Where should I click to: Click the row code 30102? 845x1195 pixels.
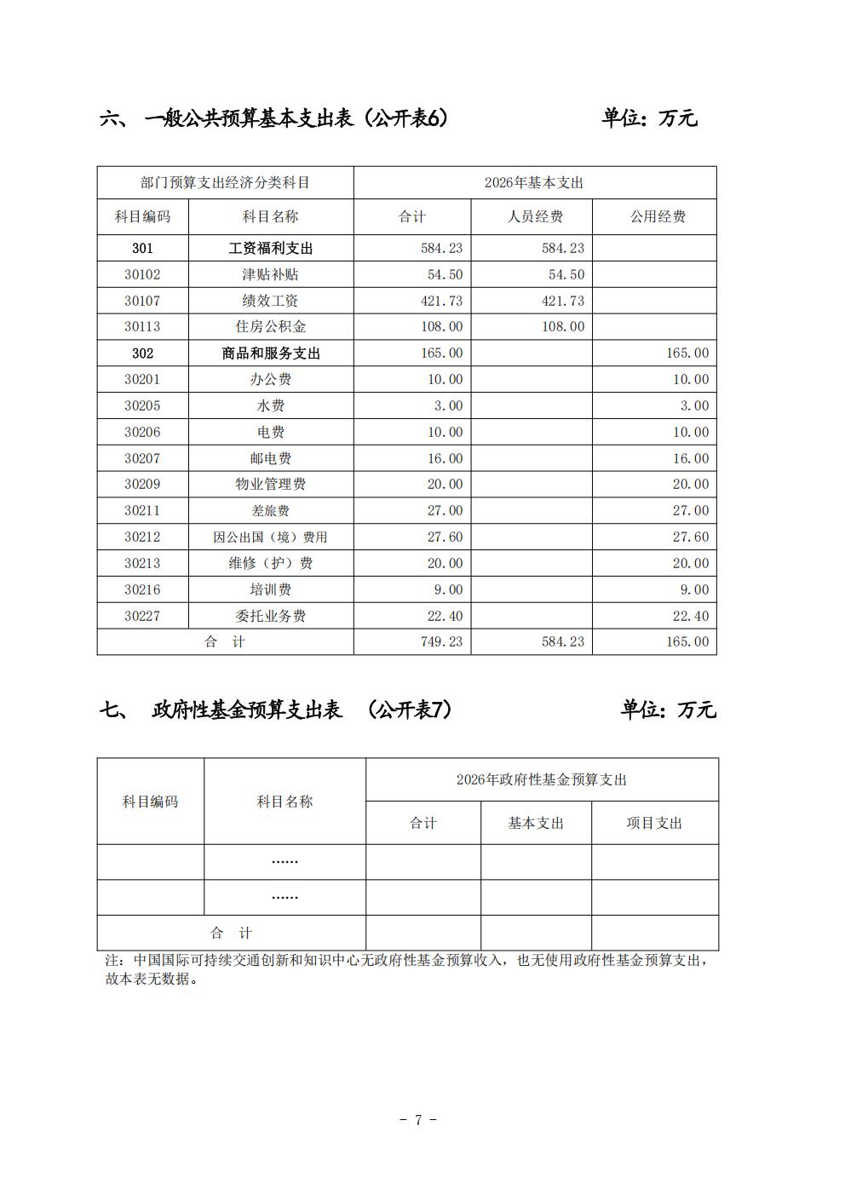[x=142, y=274]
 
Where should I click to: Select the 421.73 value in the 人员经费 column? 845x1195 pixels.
[x=563, y=301]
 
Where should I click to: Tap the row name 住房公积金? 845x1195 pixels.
[x=270, y=326]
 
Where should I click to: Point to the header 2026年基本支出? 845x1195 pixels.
[x=534, y=182]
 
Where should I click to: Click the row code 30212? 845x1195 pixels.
[x=142, y=537]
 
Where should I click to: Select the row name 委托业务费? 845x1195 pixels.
[x=270, y=616]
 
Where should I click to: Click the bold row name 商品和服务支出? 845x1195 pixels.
[x=271, y=353]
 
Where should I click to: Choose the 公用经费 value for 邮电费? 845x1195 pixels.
[x=691, y=458]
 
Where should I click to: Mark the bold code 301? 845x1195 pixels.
[x=142, y=248]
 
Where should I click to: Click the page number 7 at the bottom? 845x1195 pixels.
[x=418, y=1119]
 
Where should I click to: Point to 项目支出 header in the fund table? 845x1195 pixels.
[x=654, y=823]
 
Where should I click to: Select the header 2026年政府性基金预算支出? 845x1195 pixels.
[x=542, y=779]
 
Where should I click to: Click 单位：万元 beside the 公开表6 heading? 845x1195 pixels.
[x=649, y=118]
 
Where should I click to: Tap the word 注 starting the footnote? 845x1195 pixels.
[x=110, y=960]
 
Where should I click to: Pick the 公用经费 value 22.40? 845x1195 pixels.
[x=691, y=616]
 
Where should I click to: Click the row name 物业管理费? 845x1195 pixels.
[x=270, y=484]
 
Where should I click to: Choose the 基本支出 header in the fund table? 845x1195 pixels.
[x=536, y=823]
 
